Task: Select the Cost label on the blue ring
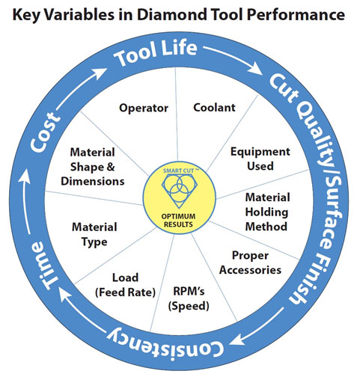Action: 45,132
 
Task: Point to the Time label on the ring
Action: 44,266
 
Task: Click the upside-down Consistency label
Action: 165,345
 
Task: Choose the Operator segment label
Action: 144,108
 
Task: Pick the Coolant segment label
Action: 214,108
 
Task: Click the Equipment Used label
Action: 260,159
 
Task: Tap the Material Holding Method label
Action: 267,212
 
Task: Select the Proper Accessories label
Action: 250,263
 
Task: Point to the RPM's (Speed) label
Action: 189,298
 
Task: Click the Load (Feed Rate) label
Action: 125,285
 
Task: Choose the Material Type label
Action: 94,235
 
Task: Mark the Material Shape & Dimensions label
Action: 93,167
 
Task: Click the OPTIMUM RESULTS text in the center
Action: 178,220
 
